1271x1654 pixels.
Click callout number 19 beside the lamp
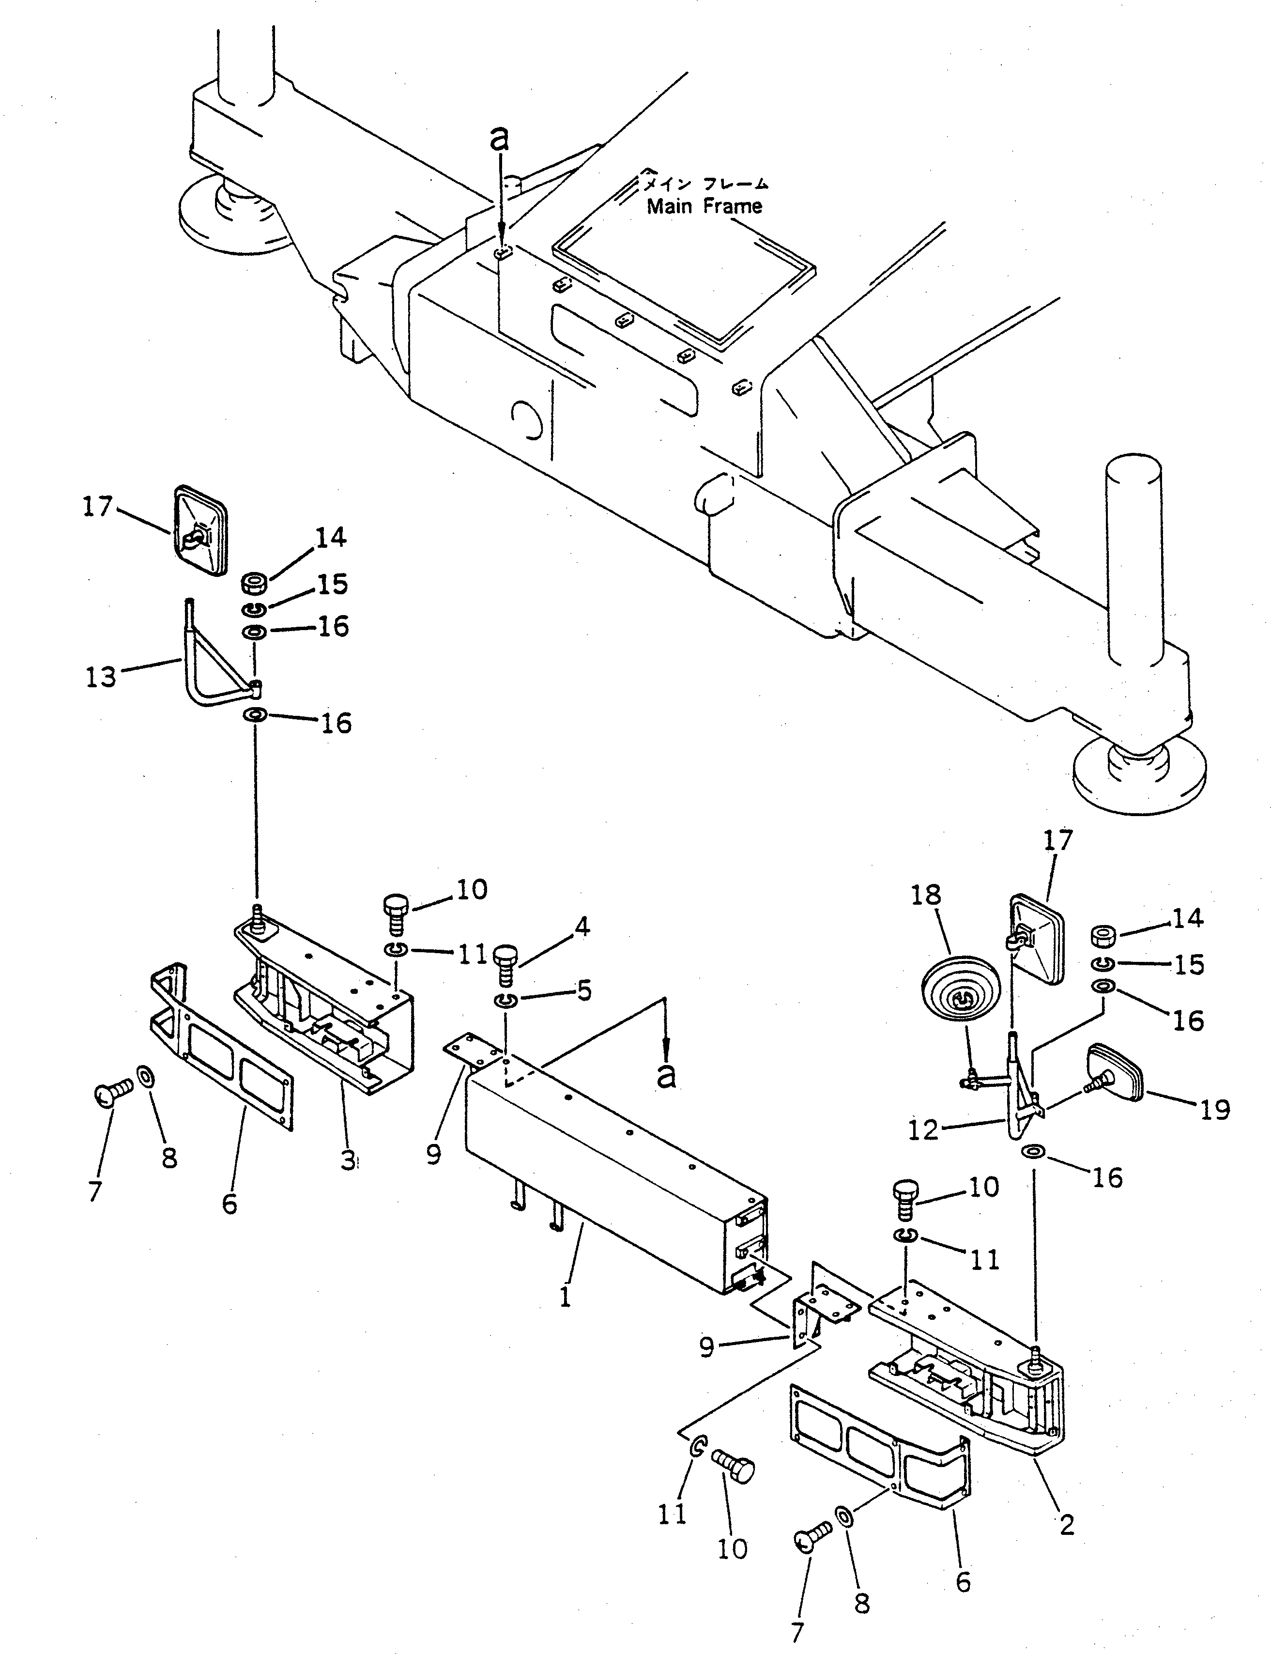point(1215,1110)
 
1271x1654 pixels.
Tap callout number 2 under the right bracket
point(1067,1525)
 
